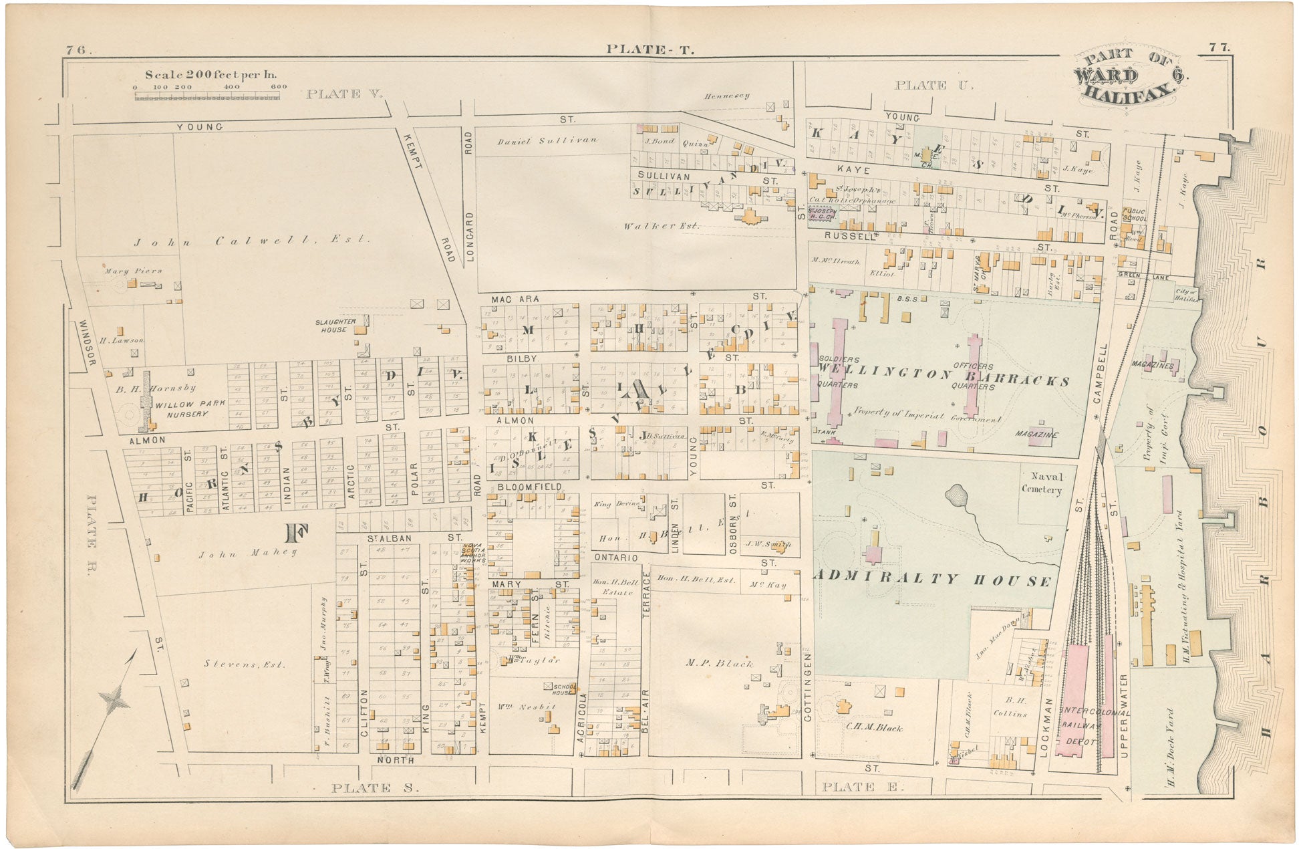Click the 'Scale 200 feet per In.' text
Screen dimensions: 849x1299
210,75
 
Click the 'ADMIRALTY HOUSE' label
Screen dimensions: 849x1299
933,579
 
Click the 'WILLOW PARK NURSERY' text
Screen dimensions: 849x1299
190,409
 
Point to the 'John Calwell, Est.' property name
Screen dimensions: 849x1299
251,241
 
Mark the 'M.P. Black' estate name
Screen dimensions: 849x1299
719,663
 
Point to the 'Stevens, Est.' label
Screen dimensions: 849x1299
244,664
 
